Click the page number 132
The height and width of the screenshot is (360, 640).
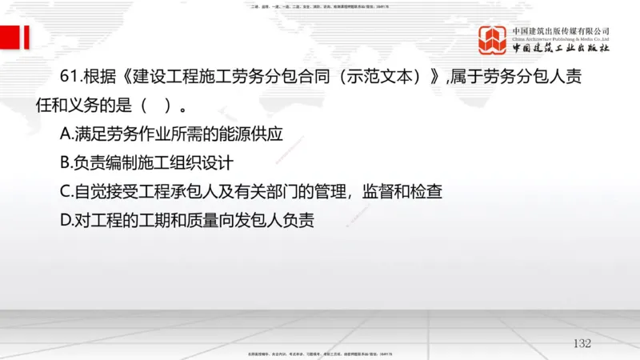[582, 343]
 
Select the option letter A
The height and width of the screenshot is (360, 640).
[66, 134]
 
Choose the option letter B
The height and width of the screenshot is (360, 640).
[66, 163]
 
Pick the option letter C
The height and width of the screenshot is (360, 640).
[66, 192]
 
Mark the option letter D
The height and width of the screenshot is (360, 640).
[66, 221]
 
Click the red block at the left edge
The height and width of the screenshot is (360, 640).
[10, 36]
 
